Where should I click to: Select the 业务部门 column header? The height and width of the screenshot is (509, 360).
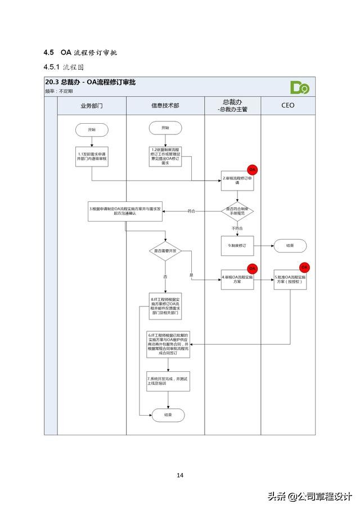coord(92,105)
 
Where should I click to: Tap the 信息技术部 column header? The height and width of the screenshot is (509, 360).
coord(165,105)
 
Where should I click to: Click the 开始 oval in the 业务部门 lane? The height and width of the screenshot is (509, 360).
coord(92,129)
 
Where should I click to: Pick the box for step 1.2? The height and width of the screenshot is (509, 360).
coord(165,156)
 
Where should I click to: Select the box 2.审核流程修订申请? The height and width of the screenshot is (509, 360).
coord(237,181)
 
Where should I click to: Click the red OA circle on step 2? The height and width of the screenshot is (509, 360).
coord(253,169)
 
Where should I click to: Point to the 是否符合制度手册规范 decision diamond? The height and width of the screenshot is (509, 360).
coord(237,210)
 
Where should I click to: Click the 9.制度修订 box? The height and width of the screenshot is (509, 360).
coord(237,246)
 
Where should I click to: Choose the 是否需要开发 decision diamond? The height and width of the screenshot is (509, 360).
coord(165,251)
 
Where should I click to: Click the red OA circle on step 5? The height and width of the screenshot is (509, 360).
coord(304,267)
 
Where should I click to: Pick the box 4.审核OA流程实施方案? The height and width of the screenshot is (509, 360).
coord(237,278)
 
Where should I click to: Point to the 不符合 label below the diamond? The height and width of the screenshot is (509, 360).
coord(237,228)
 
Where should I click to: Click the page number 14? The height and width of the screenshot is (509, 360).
coord(180,475)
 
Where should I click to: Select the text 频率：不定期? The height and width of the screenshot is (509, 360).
coord(57,91)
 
